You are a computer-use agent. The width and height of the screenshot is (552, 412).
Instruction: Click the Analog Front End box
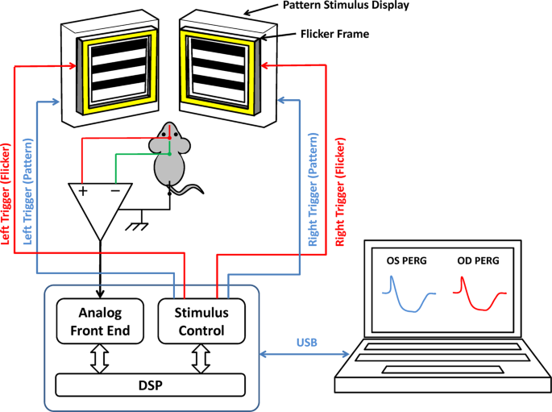[x=100, y=321]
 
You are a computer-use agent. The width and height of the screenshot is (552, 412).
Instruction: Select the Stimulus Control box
[x=201, y=321]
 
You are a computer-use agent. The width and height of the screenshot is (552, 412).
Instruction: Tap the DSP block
[x=151, y=385]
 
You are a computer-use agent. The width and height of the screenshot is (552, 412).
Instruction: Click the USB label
[x=307, y=343]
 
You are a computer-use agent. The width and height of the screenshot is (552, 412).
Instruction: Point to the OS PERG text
[x=406, y=260]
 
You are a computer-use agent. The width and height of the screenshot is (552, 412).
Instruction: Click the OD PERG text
[x=478, y=260]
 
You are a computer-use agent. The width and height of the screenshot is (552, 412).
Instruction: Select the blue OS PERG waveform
[x=409, y=294]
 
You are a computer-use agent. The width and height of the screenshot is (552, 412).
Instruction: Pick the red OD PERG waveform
[x=479, y=293]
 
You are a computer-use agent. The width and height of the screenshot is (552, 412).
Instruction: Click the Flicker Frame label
[x=334, y=34]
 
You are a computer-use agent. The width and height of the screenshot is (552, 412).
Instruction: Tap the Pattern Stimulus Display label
[x=346, y=6]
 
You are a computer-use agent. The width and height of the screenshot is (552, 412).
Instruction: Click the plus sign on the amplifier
[x=83, y=191]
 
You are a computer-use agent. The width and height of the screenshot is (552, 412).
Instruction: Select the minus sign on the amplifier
[x=115, y=191]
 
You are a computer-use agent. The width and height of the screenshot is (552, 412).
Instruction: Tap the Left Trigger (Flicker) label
[x=6, y=194]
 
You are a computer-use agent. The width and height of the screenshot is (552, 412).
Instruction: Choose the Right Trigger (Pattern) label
[x=313, y=189]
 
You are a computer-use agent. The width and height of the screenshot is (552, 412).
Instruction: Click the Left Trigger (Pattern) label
[x=27, y=192]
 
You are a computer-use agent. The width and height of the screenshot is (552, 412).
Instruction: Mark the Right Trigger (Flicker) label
[x=340, y=192]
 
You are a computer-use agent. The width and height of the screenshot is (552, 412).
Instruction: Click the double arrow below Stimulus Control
[x=201, y=359]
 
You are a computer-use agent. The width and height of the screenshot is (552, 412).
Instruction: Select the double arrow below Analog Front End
[x=100, y=359]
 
